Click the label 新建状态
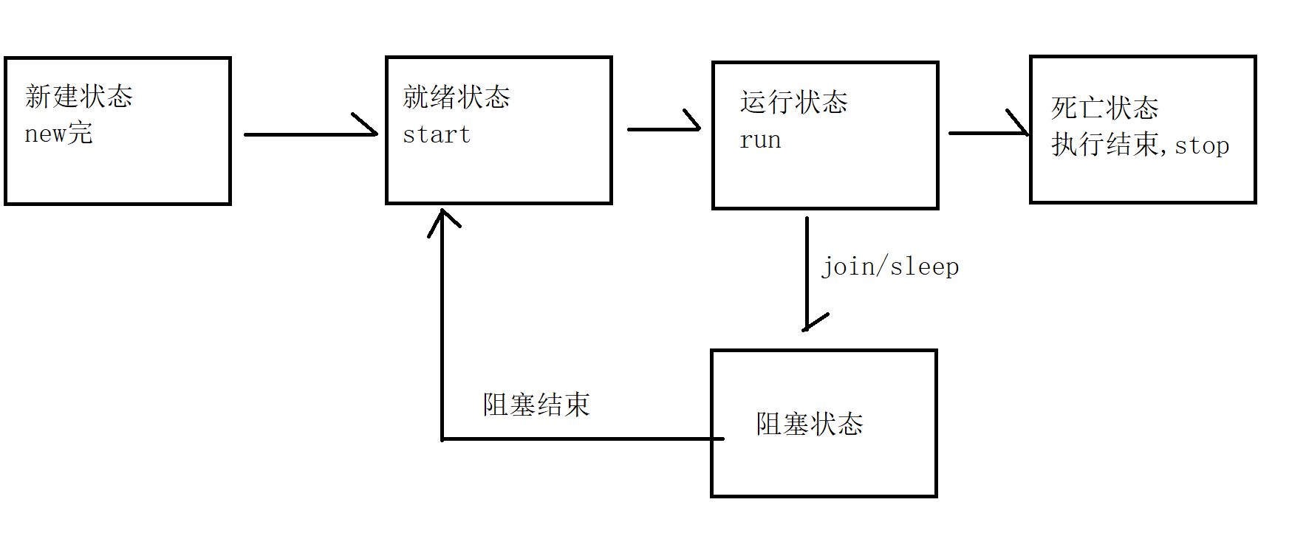point(79,97)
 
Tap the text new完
point(58,134)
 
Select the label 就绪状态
point(457,97)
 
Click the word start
point(437,134)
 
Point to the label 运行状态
point(793,102)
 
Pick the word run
point(760,140)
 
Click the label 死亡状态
point(1104,108)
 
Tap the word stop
point(1202,145)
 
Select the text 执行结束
point(1105,145)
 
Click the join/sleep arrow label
point(890,267)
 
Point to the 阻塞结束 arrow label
point(536,405)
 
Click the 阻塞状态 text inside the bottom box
point(810,424)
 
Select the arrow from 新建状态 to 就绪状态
point(310,134)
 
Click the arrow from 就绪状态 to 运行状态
point(663,129)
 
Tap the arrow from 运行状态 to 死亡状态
point(988,133)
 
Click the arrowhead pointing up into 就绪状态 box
point(442,219)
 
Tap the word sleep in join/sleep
point(924,267)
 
